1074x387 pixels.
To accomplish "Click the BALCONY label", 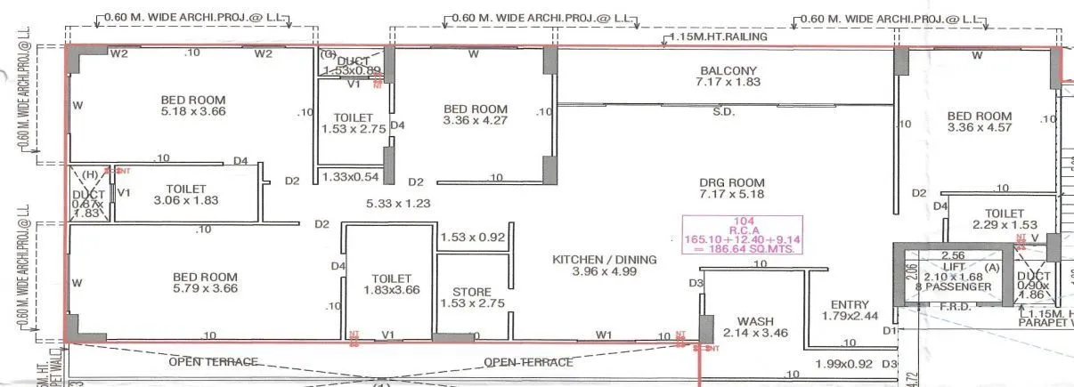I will click(x=728, y=70).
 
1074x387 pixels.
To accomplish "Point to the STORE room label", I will click(x=472, y=291).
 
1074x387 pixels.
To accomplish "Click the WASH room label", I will click(x=755, y=322).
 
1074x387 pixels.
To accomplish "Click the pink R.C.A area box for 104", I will click(x=743, y=236).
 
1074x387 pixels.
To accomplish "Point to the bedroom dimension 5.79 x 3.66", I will click(x=205, y=289).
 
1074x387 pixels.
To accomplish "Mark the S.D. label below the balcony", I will click(x=723, y=112).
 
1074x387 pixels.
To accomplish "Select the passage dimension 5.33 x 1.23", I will click(x=398, y=204).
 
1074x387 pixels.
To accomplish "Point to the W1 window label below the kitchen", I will click(x=604, y=335).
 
